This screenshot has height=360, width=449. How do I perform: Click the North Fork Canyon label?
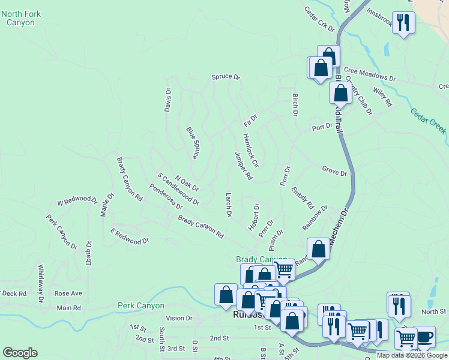[x=17, y=17]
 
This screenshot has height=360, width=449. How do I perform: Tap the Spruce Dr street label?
[x=225, y=77]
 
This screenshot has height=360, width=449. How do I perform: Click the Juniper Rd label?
[x=243, y=166]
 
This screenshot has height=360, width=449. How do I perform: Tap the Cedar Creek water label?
[x=429, y=121]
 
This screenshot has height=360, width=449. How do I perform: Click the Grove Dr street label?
[x=334, y=173]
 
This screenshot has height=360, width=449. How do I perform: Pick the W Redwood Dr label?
[x=77, y=199]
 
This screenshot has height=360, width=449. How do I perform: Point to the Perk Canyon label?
[x=141, y=305]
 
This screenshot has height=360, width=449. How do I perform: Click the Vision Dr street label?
[x=179, y=318]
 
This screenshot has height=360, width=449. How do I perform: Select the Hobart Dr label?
[x=254, y=218]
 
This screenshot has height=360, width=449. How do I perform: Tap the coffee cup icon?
[x=424, y=337]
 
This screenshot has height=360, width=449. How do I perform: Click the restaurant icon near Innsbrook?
[x=403, y=23]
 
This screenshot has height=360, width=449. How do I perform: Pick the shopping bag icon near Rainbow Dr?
[x=318, y=248]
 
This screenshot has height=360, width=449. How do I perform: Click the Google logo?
[x=20, y=353]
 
